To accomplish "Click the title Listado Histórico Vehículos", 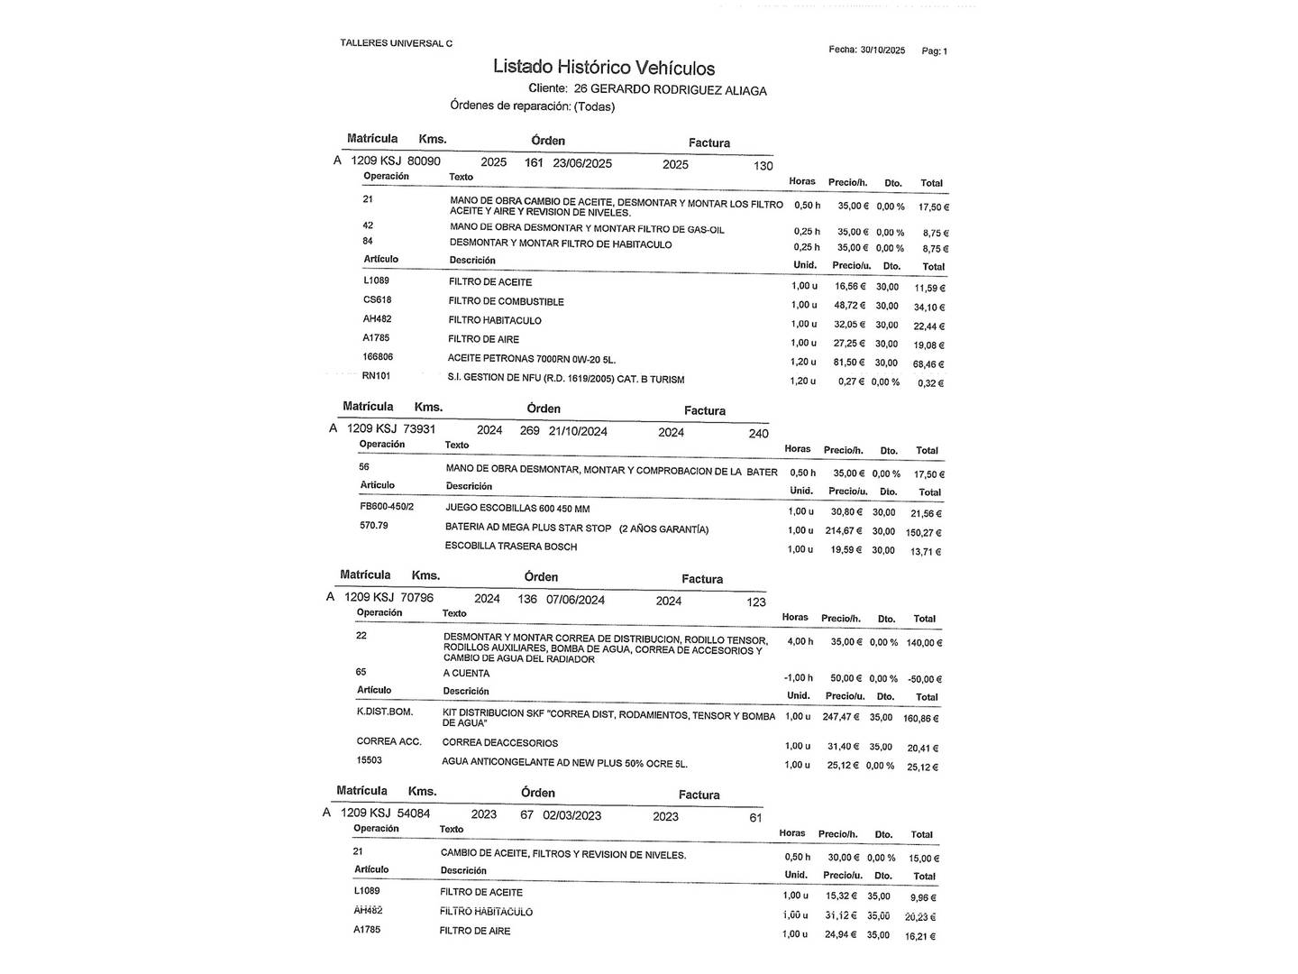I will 603,68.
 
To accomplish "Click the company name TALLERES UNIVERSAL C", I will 396,43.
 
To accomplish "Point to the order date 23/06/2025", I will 582,163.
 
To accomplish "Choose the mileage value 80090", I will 424,161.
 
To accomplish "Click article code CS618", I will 377,300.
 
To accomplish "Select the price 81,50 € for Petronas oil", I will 849,363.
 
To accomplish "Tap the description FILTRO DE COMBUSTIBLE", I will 506,301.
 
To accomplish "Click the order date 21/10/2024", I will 578,431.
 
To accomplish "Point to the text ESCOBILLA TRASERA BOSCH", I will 510,547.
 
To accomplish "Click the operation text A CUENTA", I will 466,674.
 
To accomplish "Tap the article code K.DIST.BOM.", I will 384,712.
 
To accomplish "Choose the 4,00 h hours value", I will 799,642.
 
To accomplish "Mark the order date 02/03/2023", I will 571,815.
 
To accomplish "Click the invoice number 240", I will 758,434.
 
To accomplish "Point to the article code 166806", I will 379,357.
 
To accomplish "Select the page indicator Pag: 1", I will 934,51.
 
